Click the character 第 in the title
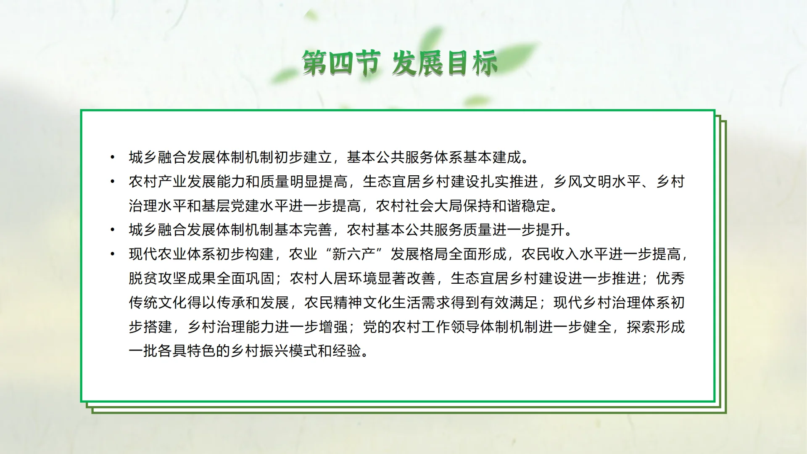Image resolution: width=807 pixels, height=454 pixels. click(315, 63)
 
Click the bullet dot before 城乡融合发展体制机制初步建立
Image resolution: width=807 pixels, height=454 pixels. click(112, 158)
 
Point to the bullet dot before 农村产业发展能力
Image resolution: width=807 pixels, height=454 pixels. click(112, 182)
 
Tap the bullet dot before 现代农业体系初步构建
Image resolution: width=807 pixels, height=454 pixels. click(112, 254)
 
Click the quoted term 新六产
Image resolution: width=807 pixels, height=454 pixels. click(353, 254)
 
